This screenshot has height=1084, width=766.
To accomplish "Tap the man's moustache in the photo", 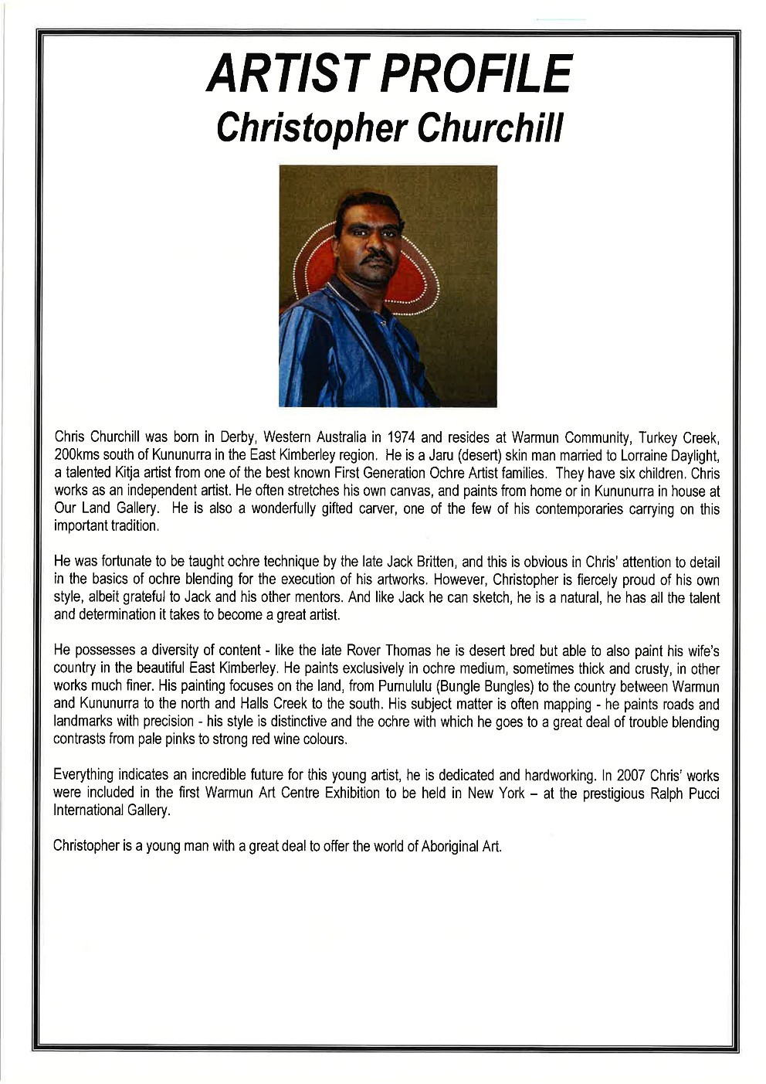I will coord(377,257).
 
